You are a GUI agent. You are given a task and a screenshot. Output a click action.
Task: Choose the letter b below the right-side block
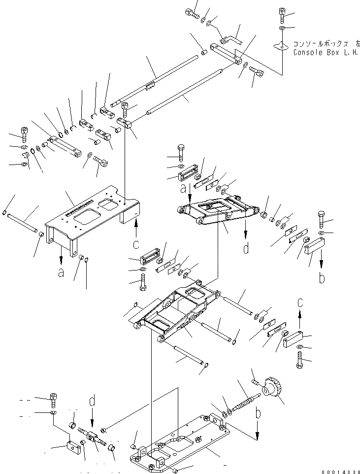click(322, 278)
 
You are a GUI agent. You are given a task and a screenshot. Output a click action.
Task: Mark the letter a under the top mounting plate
click(61, 271)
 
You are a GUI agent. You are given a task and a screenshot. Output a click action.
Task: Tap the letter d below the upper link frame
click(246, 249)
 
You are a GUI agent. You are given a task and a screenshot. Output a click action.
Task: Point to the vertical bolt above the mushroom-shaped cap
click(282, 16)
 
